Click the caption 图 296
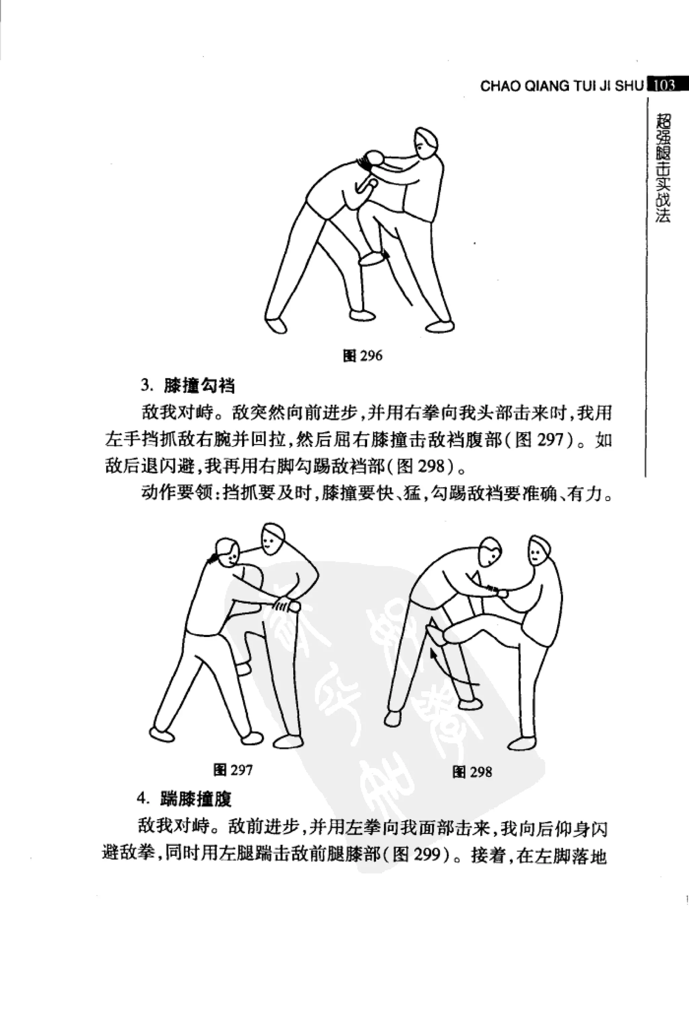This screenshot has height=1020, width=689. (x=362, y=355)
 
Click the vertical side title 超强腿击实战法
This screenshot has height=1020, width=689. (x=663, y=169)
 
